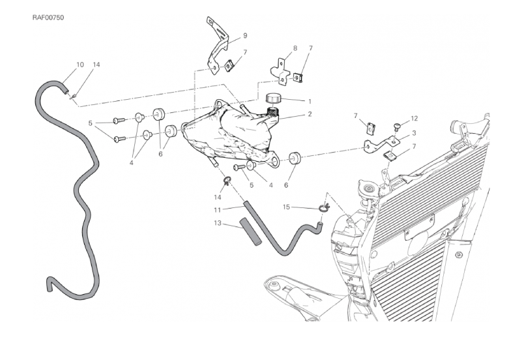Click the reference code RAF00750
[x=48, y=17]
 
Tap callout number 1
[x=310, y=102]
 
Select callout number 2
[x=310, y=115]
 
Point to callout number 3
[x=414, y=132]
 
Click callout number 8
[x=295, y=48]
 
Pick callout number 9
[x=245, y=35]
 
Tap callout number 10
[x=80, y=65]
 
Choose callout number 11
[x=219, y=209]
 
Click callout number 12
[x=414, y=119]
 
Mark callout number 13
[x=219, y=223]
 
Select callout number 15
[x=286, y=207]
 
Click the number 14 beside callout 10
[x=96, y=65]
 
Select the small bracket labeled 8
[x=282, y=70]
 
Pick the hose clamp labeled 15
[x=324, y=209]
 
